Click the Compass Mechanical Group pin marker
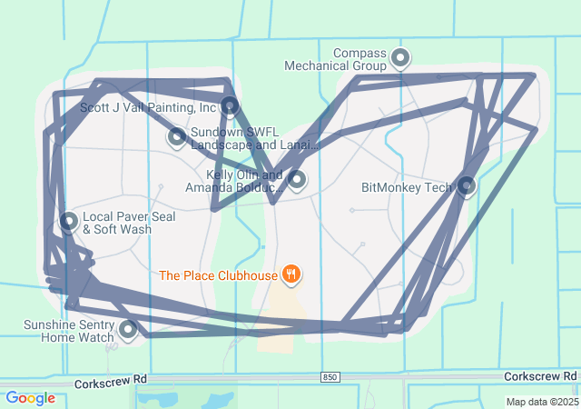click(x=399, y=60)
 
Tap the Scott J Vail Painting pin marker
click(x=230, y=106)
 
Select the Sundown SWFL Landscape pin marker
click(x=177, y=137)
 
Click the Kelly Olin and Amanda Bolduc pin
click(x=297, y=179)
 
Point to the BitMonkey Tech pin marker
click(x=467, y=186)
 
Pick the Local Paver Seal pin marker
click(x=69, y=221)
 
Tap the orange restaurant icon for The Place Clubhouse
click(x=290, y=274)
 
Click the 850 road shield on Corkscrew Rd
click(x=331, y=376)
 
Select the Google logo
click(x=30, y=398)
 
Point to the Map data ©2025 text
click(x=542, y=402)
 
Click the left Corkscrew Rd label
click(x=111, y=380)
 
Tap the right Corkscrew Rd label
click(x=540, y=376)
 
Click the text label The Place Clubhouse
click(x=218, y=274)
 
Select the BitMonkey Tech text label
click(x=406, y=188)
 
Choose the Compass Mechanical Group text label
click(x=335, y=59)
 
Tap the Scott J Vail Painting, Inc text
click(x=148, y=107)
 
